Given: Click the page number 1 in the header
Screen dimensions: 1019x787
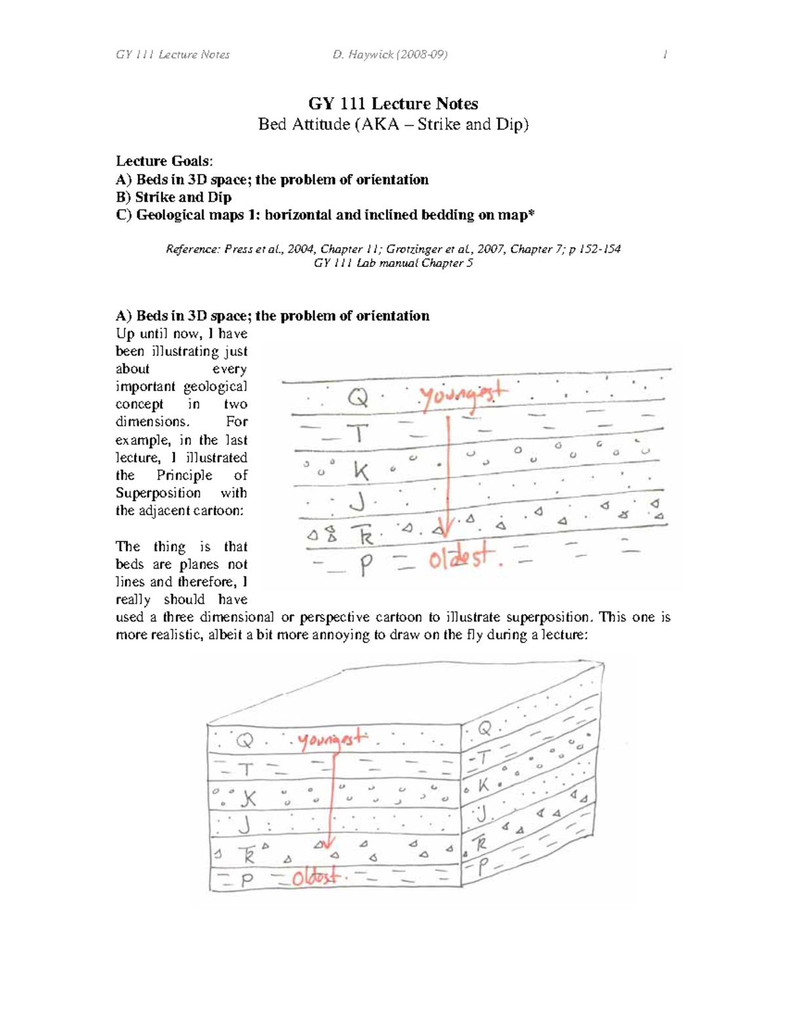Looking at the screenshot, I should [665, 54].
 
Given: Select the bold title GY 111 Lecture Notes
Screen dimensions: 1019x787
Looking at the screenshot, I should [393, 104].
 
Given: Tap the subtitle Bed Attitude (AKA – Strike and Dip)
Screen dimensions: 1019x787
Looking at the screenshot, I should [393, 124].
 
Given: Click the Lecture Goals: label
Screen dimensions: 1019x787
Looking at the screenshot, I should [164, 161].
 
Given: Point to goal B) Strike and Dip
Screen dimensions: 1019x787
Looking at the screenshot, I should [174, 197].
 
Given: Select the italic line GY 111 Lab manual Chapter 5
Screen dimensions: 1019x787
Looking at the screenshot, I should [393, 263].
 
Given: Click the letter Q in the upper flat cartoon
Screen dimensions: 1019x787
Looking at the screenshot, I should [357, 398].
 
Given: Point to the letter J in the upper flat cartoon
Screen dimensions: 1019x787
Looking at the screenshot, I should [357, 503].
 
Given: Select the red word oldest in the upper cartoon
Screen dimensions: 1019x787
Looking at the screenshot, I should [460, 560].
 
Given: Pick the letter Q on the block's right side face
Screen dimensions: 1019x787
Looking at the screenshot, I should [485, 728].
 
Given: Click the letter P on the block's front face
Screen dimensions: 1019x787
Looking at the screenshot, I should [247, 881].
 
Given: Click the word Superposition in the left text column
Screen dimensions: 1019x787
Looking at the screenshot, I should [158, 493].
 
